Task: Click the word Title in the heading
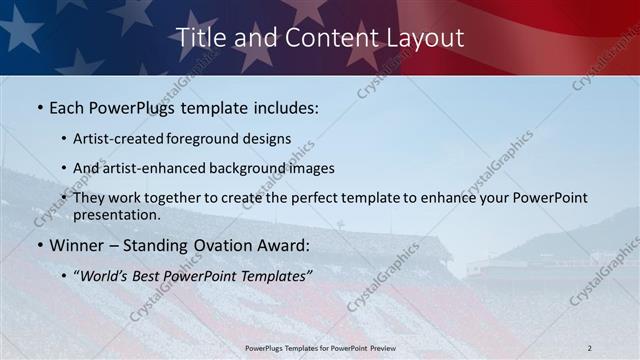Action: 199,37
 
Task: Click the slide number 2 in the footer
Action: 589,348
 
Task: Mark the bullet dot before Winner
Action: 39,245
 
